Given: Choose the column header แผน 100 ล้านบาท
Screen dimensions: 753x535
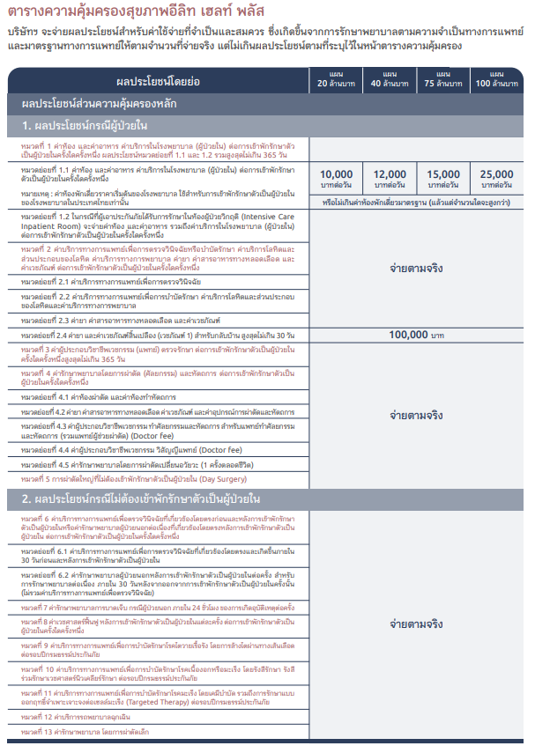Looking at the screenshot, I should pos(496,78).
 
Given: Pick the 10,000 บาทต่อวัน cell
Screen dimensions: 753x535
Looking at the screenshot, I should pos(336,179).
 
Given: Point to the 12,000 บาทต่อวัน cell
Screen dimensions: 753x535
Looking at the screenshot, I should pos(390,179).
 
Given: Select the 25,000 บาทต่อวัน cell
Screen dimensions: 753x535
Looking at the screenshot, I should pos(496,179).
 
